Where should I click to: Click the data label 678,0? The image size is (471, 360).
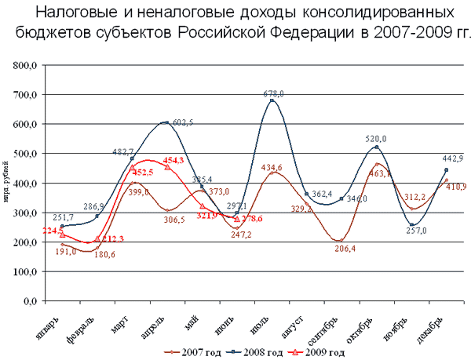[x=272, y=93]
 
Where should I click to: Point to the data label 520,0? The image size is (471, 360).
[x=377, y=138]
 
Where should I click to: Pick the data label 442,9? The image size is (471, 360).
[x=447, y=159]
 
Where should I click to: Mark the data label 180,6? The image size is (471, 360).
[x=105, y=255]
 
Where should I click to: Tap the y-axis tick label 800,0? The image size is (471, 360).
[x=23, y=66]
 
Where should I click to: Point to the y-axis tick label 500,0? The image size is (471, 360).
[x=23, y=154]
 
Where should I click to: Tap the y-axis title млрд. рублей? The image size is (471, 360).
[x=6, y=183]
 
